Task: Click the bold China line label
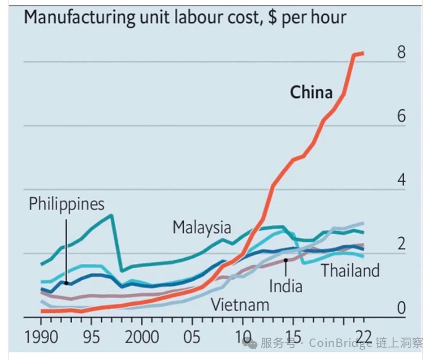[x=312, y=93]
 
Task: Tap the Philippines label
[x=66, y=204]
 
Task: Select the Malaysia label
[x=202, y=227]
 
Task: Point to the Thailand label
[x=350, y=270]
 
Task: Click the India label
[x=286, y=286]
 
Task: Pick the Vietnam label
[x=240, y=305]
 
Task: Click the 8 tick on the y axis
[x=401, y=53]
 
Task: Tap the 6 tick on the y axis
[x=401, y=116]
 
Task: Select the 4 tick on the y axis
[x=401, y=180]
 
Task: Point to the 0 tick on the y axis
[x=401, y=308]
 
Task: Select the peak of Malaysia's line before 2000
[x=111, y=215]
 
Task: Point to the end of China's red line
[x=363, y=53]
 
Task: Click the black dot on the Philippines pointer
[x=66, y=283]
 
